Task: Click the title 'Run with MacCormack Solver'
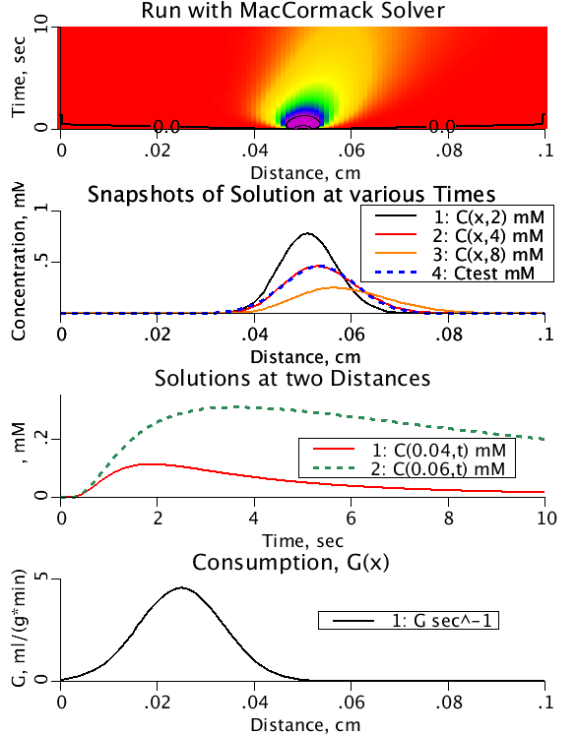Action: pos(302,12)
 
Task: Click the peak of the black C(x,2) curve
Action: pos(308,233)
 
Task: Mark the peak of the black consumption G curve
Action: pos(182,588)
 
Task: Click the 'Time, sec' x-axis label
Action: pos(302,540)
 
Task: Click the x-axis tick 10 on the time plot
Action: pos(544,517)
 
